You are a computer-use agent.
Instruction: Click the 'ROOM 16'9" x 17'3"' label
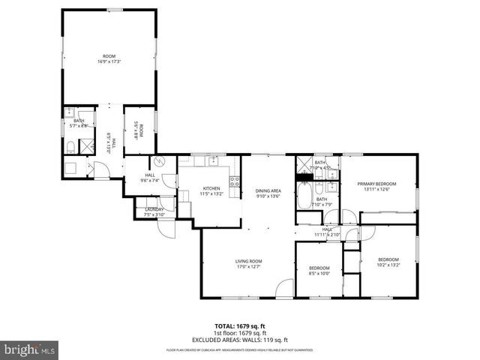tap(109, 59)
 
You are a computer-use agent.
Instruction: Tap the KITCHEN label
tap(210, 191)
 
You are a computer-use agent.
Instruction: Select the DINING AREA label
tap(268, 193)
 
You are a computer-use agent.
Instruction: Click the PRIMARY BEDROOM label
tap(376, 186)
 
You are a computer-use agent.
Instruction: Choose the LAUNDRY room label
tap(154, 212)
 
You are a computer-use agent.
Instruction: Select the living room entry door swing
tap(283, 288)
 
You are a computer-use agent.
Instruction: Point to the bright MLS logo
tap(29, 349)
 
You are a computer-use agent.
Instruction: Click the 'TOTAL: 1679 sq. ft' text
tap(240, 326)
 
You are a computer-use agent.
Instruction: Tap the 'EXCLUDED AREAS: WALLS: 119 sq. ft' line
tap(240, 339)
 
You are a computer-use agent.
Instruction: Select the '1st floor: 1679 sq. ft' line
tap(240, 333)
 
